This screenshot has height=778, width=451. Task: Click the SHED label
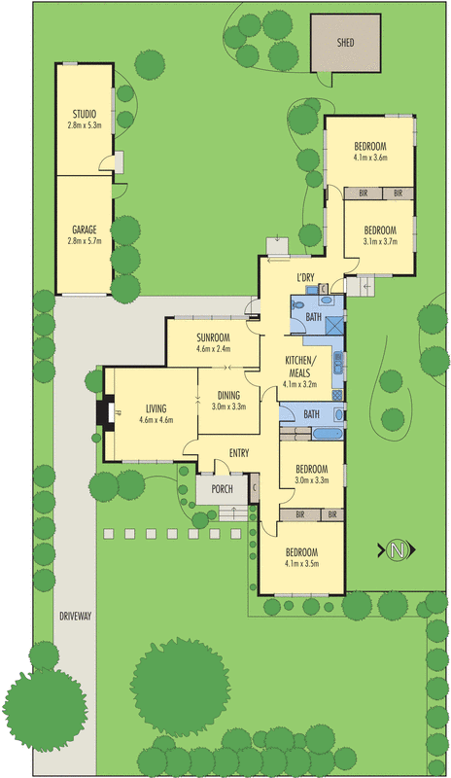pos(345,44)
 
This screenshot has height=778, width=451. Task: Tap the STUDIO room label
pos(84,114)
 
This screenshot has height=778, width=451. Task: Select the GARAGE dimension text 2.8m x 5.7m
pos(84,242)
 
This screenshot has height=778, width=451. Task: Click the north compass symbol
pos(396,550)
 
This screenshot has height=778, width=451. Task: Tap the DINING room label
pos(228,394)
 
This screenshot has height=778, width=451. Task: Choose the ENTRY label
pos(240,453)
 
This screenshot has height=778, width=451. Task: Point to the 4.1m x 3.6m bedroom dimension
pos(370,157)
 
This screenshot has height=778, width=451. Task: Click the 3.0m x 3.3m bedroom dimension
pos(311,479)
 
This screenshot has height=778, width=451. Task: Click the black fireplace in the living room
pos(101,415)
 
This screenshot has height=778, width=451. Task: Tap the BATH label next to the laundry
pos(314,317)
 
